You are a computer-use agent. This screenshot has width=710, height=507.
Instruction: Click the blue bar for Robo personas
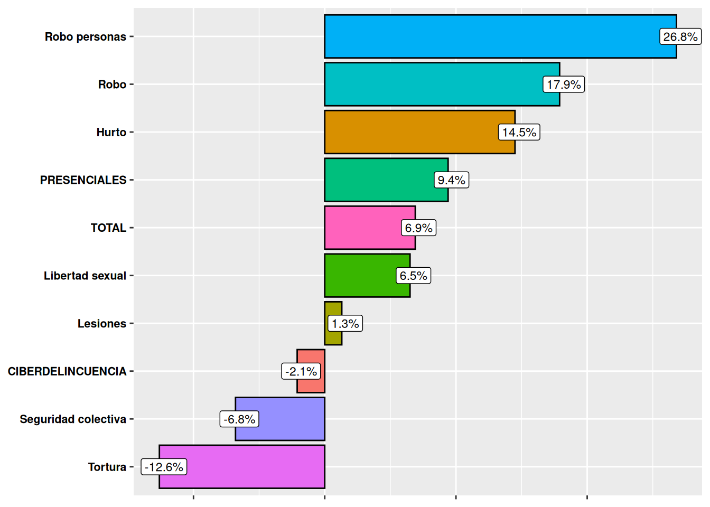pos(491,36)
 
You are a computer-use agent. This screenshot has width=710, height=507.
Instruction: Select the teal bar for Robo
pos(433,84)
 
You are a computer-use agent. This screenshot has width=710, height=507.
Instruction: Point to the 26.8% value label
pos(680,37)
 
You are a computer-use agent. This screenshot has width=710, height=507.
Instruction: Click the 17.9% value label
pos(564,84)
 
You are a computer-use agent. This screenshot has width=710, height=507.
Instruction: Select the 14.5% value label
pos(519,132)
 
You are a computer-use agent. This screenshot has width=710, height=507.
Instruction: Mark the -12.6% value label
pos(164,467)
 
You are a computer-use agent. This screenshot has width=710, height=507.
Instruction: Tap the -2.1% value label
pos(301,371)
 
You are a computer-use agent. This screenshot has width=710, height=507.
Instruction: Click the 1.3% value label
pos(345,323)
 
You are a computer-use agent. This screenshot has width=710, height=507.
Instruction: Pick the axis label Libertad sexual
pos(85,276)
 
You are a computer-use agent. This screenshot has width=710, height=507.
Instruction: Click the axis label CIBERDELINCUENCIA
pos(67,371)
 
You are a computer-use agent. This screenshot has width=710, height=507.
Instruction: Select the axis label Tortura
pos(107,467)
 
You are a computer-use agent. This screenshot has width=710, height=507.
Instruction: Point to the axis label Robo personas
pos(86,37)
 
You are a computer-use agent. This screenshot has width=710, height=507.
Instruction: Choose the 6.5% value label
pos(413,276)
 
